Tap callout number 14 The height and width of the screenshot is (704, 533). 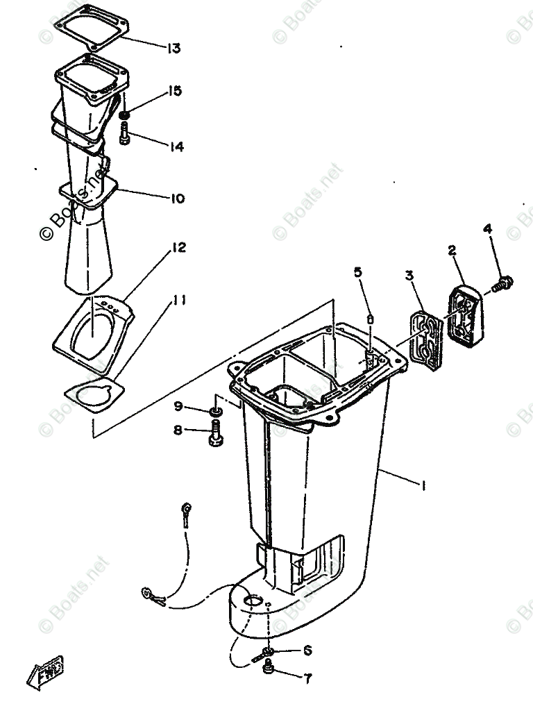point(176,146)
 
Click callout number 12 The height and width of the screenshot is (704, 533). point(178,247)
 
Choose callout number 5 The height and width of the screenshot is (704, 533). point(358,273)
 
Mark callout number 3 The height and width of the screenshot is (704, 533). point(410,276)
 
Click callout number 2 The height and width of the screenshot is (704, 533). point(452,251)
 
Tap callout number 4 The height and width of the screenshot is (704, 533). point(488,228)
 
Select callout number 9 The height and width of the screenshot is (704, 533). point(178,405)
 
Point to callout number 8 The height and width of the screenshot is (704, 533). point(178,430)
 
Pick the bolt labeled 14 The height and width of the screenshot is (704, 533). point(125,133)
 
